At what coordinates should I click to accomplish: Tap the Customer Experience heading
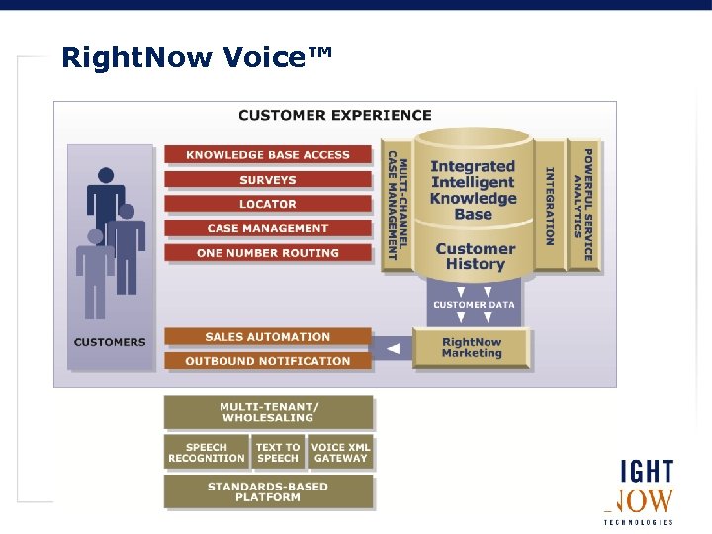click(x=334, y=115)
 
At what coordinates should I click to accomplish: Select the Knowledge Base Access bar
click(x=268, y=155)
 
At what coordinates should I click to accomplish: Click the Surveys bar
click(x=268, y=180)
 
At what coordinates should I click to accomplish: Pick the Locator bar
click(x=268, y=204)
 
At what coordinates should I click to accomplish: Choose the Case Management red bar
click(x=268, y=228)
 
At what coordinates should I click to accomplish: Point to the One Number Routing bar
click(x=268, y=253)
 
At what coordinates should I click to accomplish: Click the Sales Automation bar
click(x=268, y=337)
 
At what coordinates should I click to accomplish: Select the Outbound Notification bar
click(x=268, y=361)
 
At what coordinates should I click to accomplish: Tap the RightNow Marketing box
click(x=472, y=348)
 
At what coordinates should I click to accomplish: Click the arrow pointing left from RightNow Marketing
click(x=393, y=348)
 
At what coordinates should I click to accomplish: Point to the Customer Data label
click(x=474, y=305)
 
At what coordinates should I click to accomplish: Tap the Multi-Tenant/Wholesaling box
click(x=269, y=412)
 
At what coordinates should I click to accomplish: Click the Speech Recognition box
click(x=207, y=453)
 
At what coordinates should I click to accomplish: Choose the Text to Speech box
click(x=278, y=453)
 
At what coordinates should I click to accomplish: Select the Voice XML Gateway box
click(x=340, y=453)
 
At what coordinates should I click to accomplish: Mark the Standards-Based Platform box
click(x=269, y=491)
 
